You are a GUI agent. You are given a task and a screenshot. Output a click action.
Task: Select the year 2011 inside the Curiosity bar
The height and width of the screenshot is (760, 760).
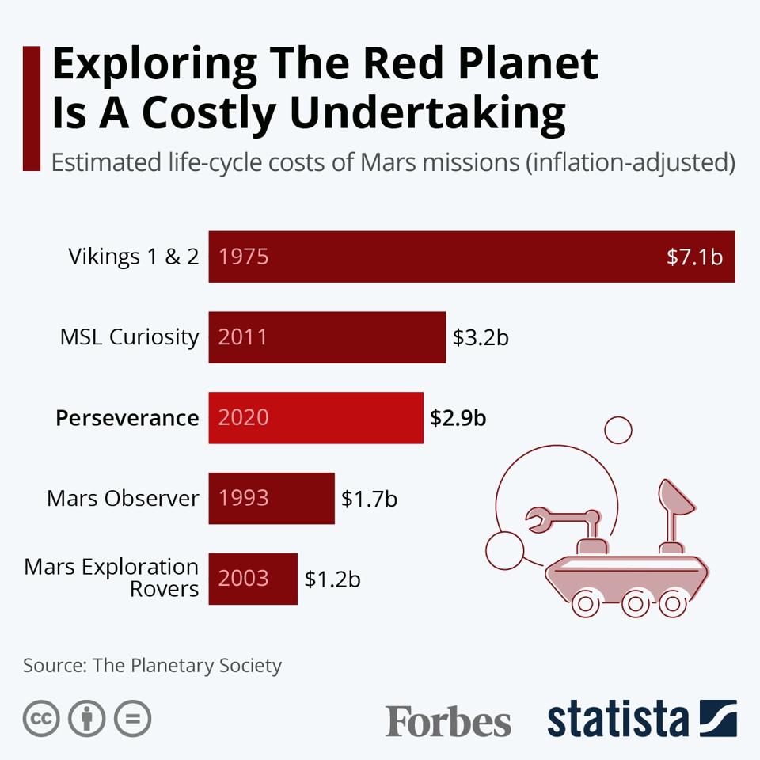243,337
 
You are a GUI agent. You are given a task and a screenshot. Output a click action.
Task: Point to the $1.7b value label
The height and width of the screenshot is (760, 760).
369,499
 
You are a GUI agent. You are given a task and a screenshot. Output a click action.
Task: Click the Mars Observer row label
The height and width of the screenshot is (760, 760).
123,499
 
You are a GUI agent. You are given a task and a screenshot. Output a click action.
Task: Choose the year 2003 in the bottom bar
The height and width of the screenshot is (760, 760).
243,579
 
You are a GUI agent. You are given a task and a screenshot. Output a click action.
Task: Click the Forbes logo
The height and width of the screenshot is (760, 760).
448,721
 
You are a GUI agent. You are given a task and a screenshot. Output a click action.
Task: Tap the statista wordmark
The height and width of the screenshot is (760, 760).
617,720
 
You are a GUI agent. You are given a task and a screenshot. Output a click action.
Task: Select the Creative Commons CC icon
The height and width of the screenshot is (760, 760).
42,720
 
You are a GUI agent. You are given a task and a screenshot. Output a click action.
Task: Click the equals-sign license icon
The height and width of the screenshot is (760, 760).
132,720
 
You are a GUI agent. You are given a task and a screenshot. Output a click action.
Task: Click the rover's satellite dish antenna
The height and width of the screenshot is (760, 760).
677,496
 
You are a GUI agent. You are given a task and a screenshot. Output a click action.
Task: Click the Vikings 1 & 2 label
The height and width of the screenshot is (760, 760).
133,256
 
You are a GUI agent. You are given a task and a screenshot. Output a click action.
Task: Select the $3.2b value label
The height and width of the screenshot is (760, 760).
480,337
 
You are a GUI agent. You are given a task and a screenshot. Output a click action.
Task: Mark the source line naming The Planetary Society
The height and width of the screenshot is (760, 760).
152,665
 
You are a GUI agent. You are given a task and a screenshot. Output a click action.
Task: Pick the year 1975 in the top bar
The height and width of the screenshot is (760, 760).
243,256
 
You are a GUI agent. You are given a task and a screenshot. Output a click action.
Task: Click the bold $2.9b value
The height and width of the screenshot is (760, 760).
458,417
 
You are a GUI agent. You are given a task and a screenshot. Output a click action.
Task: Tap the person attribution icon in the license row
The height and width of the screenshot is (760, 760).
87,720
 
